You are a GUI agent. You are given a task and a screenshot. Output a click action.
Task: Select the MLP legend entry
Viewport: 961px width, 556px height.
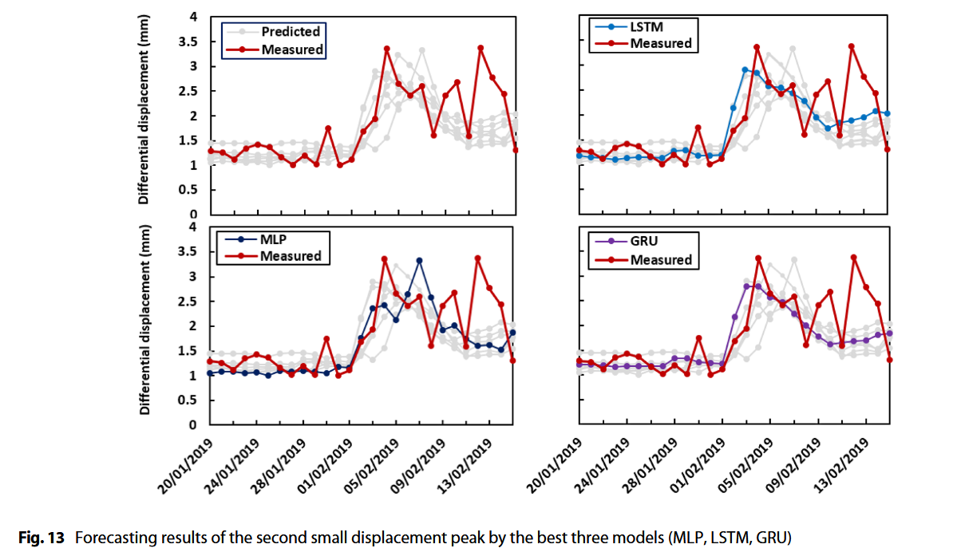[x=275, y=239]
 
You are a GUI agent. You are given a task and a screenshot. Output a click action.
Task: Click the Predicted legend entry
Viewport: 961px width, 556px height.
[x=290, y=32]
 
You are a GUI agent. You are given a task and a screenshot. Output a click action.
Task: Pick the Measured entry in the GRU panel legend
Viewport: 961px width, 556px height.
[x=660, y=260]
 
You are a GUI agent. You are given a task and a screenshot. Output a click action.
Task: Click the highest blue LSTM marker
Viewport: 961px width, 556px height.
[x=745, y=70]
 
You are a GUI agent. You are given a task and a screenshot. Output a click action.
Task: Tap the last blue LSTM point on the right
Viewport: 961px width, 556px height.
[x=888, y=113]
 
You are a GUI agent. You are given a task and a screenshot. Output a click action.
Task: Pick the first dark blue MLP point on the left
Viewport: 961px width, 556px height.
[x=210, y=373]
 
